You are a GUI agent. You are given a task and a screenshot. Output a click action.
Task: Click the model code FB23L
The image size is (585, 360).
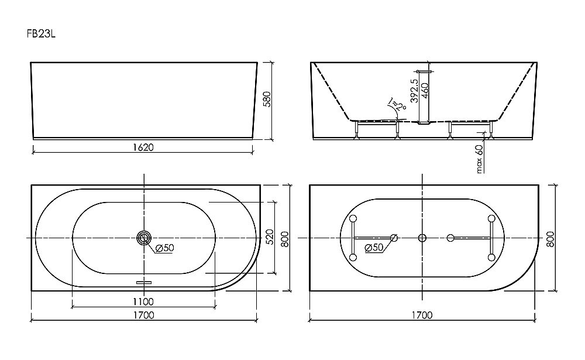[40, 35]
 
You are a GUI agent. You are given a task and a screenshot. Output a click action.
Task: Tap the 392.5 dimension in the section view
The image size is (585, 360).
[414, 91]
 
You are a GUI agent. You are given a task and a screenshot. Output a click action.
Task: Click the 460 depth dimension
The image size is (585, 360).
[426, 91]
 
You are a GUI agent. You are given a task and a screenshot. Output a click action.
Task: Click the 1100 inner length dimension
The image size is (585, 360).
[143, 302]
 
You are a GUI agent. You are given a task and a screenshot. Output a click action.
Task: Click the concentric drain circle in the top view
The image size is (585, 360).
[143, 238]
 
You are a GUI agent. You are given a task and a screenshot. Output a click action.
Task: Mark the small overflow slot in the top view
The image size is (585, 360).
[143, 282]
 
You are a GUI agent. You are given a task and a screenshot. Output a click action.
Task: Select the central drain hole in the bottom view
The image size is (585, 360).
[422, 238]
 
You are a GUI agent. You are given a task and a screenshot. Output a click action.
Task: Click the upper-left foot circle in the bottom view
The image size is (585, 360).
[353, 219]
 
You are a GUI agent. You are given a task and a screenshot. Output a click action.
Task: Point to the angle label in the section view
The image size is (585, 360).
[399, 105]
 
